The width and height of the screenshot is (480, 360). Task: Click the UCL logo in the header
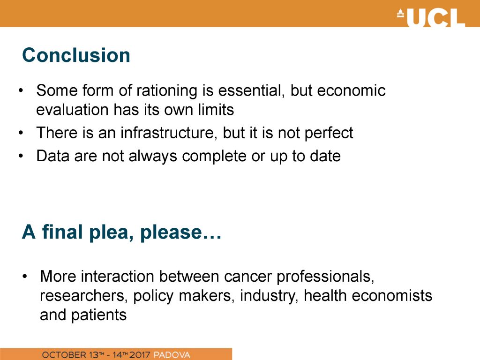pos(431,18)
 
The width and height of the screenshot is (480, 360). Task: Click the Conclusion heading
pos(76,55)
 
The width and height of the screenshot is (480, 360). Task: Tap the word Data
pos(53,156)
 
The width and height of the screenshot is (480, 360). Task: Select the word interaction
pos(118,276)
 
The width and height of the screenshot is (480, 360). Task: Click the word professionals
pos(325,277)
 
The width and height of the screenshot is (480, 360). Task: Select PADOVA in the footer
pos(172,355)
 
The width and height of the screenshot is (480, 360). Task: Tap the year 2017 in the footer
pos(140,355)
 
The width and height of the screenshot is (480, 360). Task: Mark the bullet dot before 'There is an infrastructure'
pos(21,133)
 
